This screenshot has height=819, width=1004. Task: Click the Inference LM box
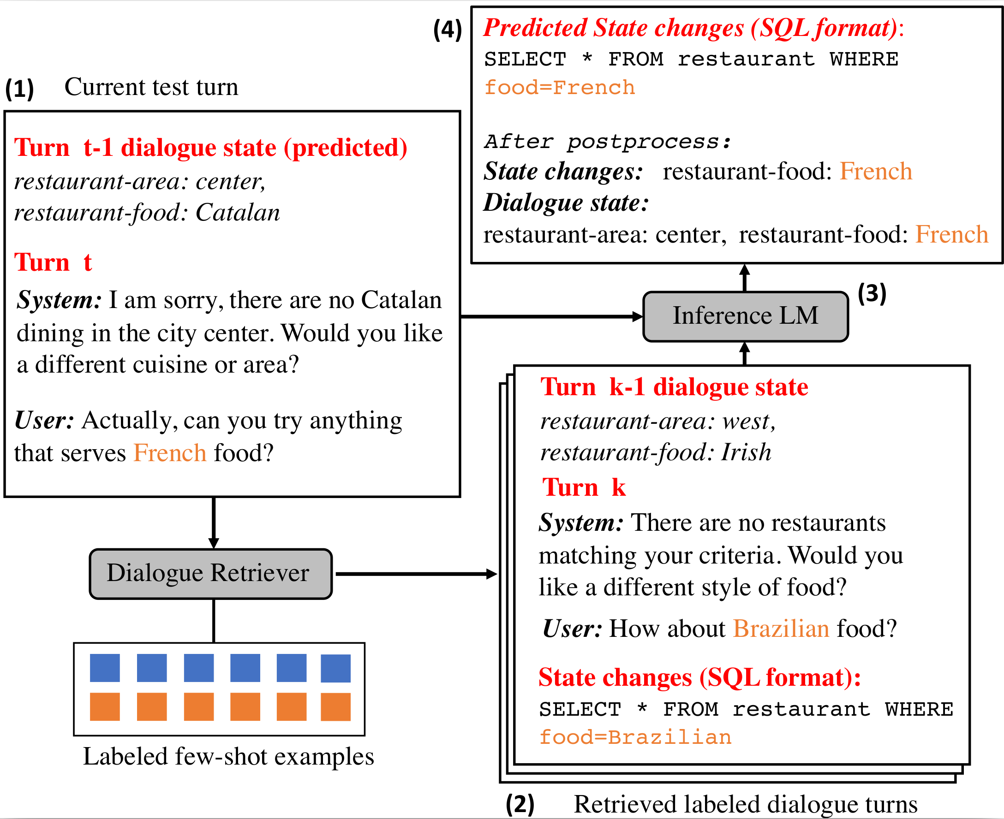[x=745, y=316]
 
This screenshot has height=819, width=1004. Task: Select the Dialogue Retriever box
[x=210, y=574]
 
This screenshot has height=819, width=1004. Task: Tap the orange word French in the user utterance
[x=169, y=453]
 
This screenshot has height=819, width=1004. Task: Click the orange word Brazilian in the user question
[x=781, y=629]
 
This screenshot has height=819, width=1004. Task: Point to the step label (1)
[x=19, y=89]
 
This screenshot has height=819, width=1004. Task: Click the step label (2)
[x=520, y=804]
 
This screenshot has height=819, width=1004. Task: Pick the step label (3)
[x=872, y=293]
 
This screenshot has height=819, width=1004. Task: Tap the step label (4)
[x=447, y=30]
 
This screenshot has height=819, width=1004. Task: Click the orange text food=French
[x=559, y=88]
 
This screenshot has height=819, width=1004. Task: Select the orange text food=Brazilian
[x=635, y=737]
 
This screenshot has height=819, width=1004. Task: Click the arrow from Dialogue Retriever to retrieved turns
[x=415, y=574]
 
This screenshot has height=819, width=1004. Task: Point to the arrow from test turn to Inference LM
[x=550, y=316]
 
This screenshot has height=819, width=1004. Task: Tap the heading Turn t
[x=53, y=262]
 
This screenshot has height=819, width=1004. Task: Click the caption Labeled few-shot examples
[x=228, y=757]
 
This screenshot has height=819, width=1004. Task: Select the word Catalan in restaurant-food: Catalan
[x=238, y=213]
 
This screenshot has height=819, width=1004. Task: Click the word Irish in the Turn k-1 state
[x=746, y=452]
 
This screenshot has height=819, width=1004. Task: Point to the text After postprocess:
[x=608, y=142]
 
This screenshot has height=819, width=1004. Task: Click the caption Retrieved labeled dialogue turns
[x=745, y=804]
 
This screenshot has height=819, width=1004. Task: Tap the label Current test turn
[x=151, y=87]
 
